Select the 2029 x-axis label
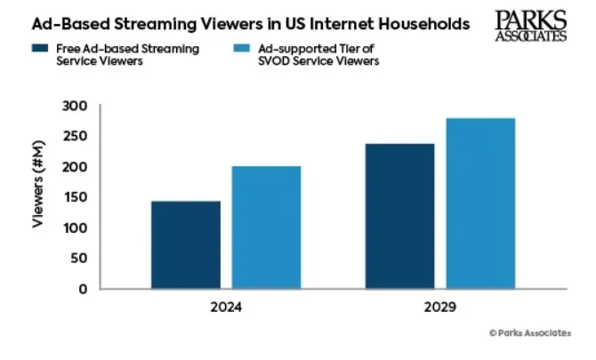(x=439, y=308)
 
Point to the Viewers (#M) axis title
(x=40, y=197)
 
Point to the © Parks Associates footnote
(x=530, y=332)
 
